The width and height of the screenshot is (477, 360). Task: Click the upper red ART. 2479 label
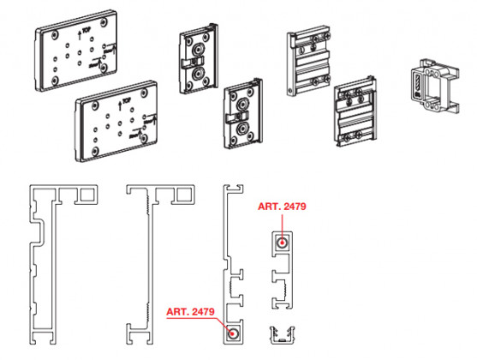282,207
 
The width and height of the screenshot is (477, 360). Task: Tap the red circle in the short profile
281,243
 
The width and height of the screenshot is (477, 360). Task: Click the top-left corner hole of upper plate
54,35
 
